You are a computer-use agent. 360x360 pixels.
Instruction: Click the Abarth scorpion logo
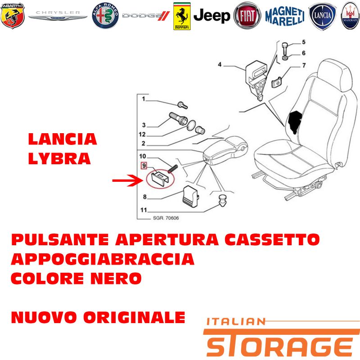point(13,16)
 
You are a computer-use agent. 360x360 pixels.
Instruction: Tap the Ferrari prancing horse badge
point(182,16)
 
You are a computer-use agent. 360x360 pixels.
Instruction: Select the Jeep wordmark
point(211,16)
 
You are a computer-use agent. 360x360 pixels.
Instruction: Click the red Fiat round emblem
point(247,16)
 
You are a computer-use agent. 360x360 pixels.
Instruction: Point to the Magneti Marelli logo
point(285,16)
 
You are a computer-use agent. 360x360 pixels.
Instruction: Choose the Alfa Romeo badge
point(105,16)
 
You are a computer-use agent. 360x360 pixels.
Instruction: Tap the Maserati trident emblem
point(351,16)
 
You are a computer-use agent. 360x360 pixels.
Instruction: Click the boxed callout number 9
point(144,166)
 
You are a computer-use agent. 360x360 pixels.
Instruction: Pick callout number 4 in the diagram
point(220,64)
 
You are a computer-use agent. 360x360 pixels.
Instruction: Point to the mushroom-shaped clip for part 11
point(222,200)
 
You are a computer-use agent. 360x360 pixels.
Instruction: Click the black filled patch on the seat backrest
point(296,121)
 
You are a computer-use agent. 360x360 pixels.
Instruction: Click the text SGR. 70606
point(166,218)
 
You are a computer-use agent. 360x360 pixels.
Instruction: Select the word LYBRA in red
point(59,158)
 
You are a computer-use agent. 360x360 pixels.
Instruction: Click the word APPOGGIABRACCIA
point(103,259)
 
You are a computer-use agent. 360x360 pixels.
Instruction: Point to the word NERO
point(116,278)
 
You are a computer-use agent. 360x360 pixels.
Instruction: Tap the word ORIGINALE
point(134,317)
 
